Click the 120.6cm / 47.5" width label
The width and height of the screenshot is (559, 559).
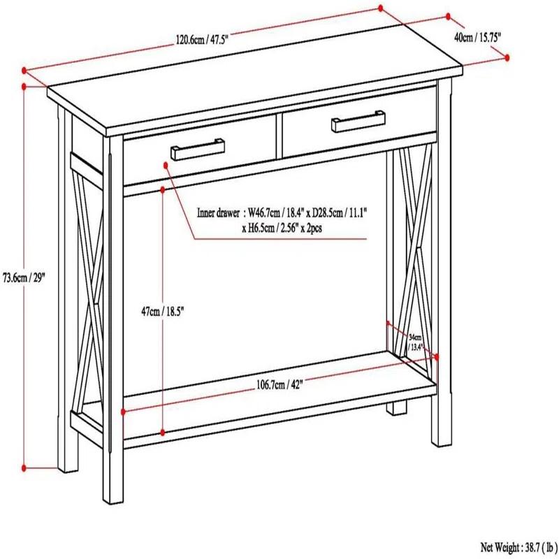[202, 41]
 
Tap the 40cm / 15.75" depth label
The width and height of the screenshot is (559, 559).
[478, 37]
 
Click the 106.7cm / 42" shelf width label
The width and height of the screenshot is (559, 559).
[279, 384]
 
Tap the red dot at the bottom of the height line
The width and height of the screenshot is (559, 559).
[25, 466]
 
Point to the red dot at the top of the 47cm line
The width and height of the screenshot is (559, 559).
[163, 189]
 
